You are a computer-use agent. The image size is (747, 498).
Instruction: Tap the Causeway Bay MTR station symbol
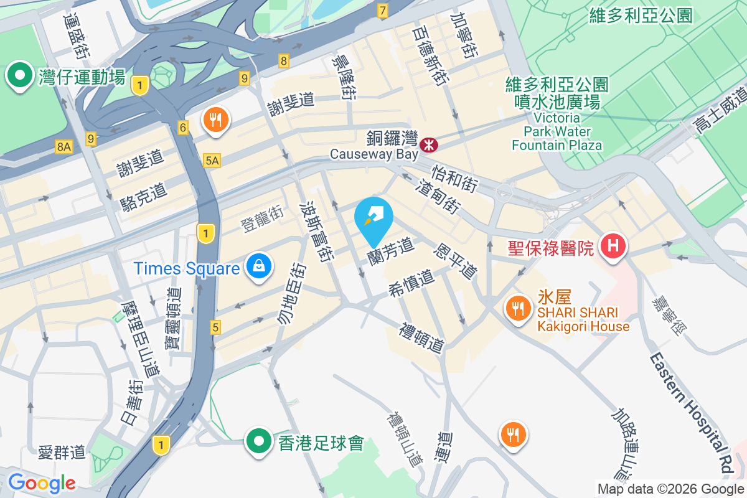pyautogui.click(x=428, y=144)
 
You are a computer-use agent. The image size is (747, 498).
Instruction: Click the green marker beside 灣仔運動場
pyautogui.click(x=20, y=76)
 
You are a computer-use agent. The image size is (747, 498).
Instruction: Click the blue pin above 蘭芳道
pyautogui.click(x=374, y=218)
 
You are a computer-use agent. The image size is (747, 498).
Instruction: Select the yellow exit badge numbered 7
pyautogui.click(x=382, y=11)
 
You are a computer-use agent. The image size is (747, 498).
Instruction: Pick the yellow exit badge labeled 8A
pyautogui.click(x=63, y=147)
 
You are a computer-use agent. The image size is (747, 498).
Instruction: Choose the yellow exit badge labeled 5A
pyautogui.click(x=212, y=161)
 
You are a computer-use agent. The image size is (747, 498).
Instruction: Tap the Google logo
pyautogui.click(x=42, y=482)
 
